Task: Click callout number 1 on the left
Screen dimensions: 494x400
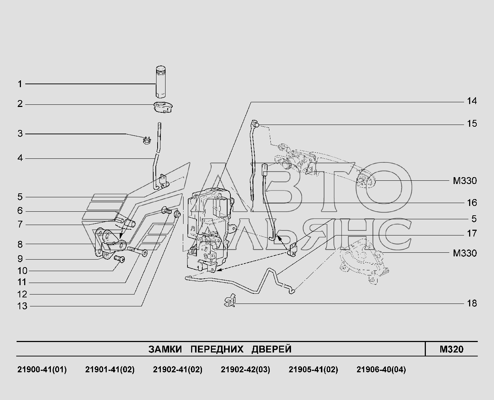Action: pos(20,84)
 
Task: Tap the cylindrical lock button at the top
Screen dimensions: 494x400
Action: pos(160,82)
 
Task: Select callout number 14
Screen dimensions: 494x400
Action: pos(472,101)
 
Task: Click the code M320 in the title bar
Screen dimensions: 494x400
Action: pos(451,349)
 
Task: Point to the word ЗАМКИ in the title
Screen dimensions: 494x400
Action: pos(165,349)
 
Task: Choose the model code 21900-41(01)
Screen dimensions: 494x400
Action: pos(42,369)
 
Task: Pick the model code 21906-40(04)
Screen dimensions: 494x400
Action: pos(381,369)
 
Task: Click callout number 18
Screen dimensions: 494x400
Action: pos(472,303)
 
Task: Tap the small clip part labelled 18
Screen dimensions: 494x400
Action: pos(230,300)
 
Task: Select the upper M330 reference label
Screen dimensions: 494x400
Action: pos(465,181)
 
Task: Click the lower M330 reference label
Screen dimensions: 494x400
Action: pos(465,253)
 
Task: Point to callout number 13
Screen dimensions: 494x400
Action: pos(22,306)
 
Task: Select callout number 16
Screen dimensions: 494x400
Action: pos(472,203)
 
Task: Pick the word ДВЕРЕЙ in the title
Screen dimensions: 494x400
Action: pos(272,349)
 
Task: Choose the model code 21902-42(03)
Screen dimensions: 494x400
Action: pos(245,369)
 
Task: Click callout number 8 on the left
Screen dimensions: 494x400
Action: pos(20,244)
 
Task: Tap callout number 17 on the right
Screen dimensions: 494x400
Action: pos(472,233)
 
